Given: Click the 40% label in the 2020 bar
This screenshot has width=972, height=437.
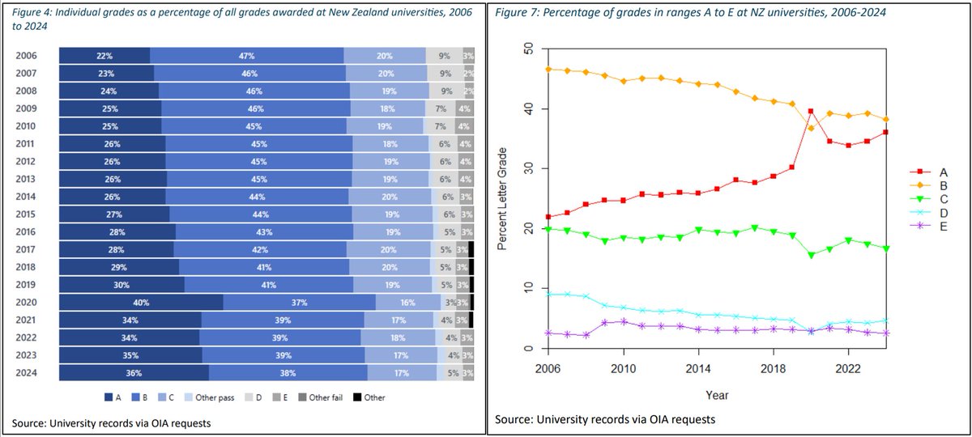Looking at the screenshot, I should pyautogui.click(x=141, y=302).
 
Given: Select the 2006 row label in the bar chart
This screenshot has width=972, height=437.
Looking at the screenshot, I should pyautogui.click(x=26, y=56).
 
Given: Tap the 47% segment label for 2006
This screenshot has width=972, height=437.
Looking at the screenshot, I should pyautogui.click(x=247, y=56).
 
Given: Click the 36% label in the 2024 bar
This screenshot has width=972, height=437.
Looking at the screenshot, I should pyautogui.click(x=134, y=373).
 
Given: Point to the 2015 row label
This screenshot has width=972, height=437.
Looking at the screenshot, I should pyautogui.click(x=26, y=214).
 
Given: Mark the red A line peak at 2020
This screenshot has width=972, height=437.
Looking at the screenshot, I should pyautogui.click(x=810, y=112).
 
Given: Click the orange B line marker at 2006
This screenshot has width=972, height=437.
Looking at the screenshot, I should pyautogui.click(x=548, y=70).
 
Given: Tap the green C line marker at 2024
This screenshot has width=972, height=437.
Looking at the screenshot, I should pyautogui.click(x=886, y=248).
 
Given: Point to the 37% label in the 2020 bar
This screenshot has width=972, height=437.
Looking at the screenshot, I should pyautogui.click(x=299, y=302).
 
